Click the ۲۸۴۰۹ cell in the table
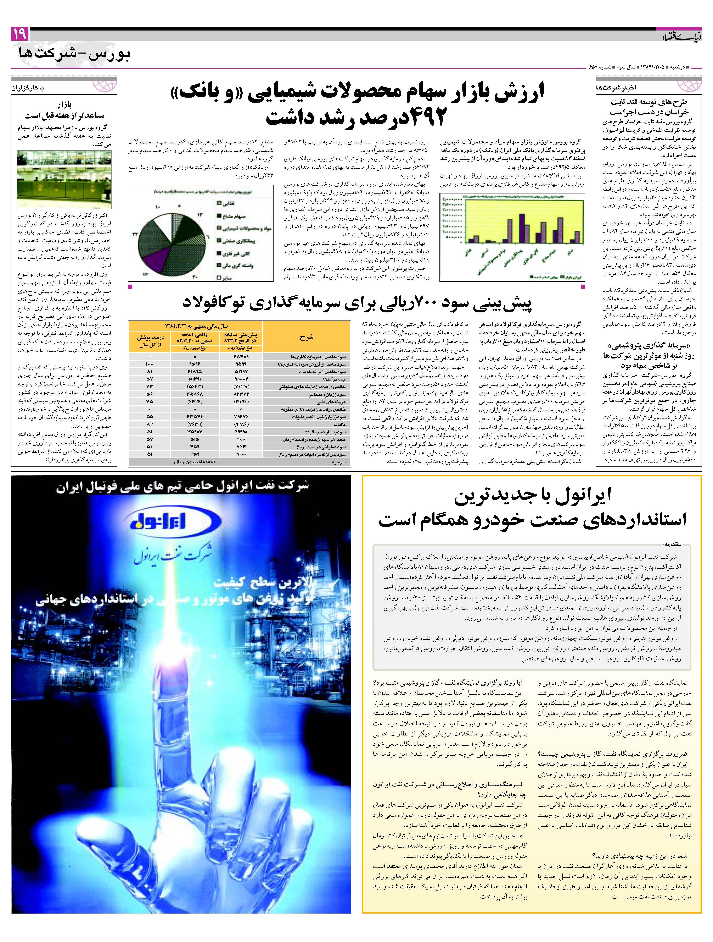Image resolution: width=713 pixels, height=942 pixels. coord(241,356)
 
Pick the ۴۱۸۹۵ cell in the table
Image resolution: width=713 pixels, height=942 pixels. coord(194,371)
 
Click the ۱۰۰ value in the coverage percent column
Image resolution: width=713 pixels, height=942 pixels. coord(149,364)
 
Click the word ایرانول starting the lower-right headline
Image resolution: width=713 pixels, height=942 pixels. coord(584,494)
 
